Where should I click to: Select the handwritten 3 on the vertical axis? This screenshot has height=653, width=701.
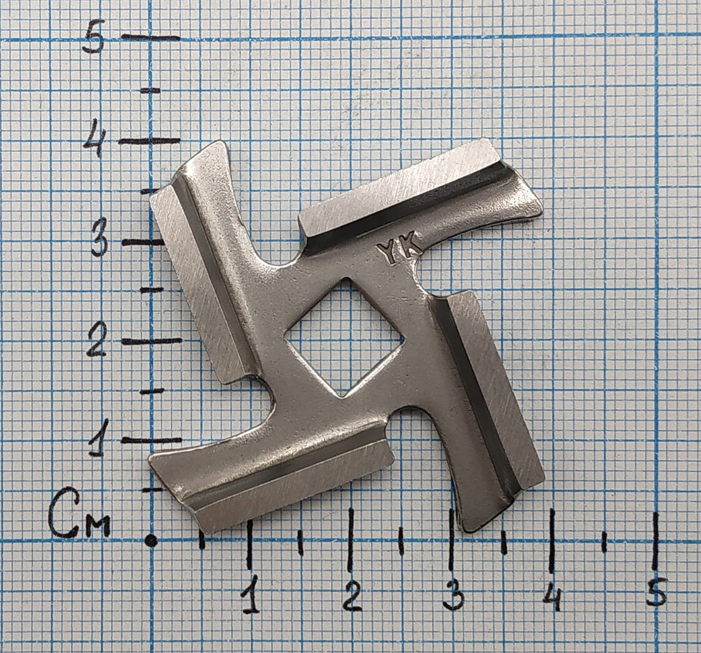click(99, 242)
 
